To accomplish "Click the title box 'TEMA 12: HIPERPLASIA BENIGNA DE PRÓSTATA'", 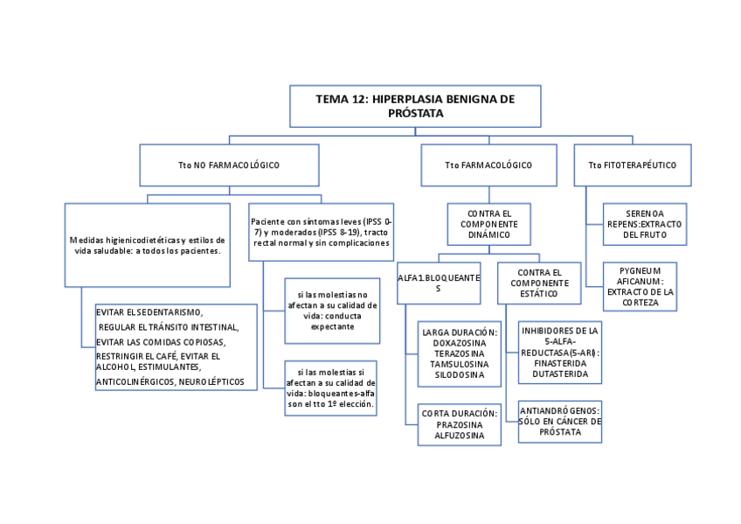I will pos(415,106).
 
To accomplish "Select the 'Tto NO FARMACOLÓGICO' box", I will pos(229,164).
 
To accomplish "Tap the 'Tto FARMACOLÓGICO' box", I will pos(488,164).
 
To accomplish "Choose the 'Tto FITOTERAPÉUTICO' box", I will pos(632,164).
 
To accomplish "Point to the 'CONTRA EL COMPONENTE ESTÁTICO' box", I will pos(538,283).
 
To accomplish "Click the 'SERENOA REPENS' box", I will pos(644,224).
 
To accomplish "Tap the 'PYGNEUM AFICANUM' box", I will pos(640,286).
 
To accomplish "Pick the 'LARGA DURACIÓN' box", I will pos(459,353).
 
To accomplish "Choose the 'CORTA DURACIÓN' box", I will pos(459,424).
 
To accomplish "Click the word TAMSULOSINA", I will pos(459,364).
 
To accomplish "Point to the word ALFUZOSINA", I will pos(459,435).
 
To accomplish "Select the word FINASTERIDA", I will pos(559,363).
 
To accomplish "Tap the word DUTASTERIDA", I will pos(559,374).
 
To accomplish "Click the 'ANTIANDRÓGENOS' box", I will pos(559,421).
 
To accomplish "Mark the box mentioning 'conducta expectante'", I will pos(332,311).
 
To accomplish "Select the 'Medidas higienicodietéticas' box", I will pos(147,245).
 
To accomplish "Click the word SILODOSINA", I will pos(459,374).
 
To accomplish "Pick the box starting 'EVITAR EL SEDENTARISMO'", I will pos(176,346).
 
